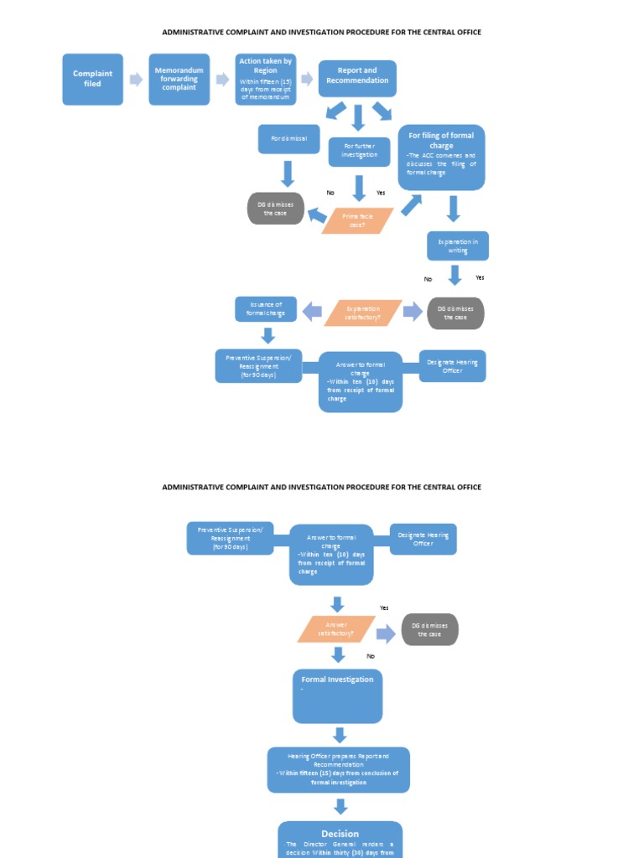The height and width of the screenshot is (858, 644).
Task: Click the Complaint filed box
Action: click(x=92, y=80)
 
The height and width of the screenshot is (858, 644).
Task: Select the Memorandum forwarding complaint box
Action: click(x=179, y=80)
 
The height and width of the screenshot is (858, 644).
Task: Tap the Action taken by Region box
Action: click(x=265, y=80)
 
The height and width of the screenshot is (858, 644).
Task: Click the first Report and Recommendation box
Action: click(x=357, y=77)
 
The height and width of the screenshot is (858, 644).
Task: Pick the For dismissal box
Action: click(x=288, y=139)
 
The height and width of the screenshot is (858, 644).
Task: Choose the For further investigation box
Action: click(x=360, y=152)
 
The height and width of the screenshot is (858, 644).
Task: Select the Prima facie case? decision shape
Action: click(x=357, y=220)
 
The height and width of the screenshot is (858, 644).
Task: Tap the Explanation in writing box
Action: click(x=457, y=246)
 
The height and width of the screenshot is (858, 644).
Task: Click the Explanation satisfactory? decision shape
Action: click(x=362, y=313)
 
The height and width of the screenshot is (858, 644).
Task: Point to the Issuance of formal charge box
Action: click(x=266, y=309)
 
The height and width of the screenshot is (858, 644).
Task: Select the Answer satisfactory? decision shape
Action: click(x=335, y=629)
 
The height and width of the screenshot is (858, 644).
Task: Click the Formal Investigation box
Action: click(x=337, y=695)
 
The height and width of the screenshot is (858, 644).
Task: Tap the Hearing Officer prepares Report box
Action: click(x=338, y=769)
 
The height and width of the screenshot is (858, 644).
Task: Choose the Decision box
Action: click(x=340, y=839)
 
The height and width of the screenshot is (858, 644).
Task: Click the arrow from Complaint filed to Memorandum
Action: click(x=136, y=80)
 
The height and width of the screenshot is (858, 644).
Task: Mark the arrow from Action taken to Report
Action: click(x=307, y=79)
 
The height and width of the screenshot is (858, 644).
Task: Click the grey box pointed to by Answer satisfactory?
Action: click(x=429, y=629)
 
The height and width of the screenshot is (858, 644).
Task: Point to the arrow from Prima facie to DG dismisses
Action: click(x=317, y=216)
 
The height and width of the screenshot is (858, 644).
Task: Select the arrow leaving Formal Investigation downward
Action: click(x=339, y=735)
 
